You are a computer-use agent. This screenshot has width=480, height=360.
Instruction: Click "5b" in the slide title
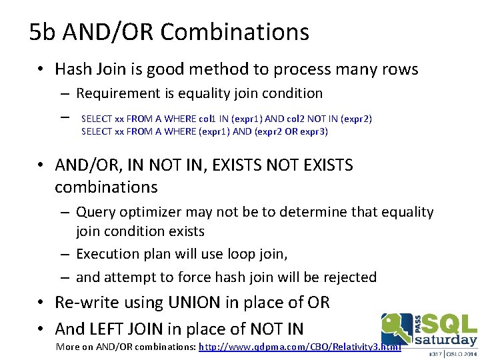tap(41, 32)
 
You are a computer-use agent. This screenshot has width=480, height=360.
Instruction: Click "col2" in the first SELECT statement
tap(297, 119)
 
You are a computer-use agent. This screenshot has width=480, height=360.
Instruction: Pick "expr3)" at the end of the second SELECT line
tap(313, 131)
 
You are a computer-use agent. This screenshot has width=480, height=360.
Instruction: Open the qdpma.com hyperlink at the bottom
tap(300, 347)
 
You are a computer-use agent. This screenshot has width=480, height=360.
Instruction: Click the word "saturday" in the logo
tap(446, 340)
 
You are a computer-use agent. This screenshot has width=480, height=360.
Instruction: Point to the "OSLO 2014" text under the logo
tap(460, 354)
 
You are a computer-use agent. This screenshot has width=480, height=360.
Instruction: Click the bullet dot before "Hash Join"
tap(41, 70)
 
